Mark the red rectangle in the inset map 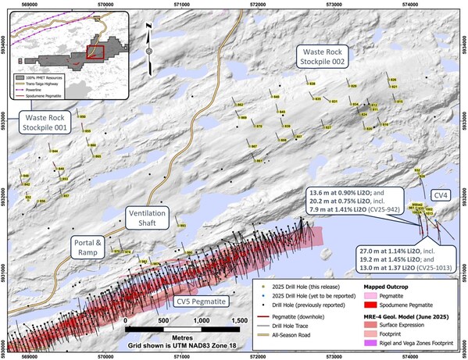(95, 53)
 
